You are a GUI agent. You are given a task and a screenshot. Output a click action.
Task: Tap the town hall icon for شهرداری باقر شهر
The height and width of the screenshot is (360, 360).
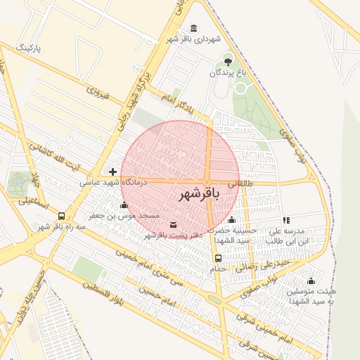tap(193, 28)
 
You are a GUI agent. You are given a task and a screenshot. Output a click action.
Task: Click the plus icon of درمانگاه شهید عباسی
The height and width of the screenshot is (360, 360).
tap(112, 172)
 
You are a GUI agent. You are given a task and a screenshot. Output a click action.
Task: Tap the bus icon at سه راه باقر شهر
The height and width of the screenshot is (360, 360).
tap(62, 217)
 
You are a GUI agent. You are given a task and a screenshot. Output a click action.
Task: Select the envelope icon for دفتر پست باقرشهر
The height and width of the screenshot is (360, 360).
tap(174, 225)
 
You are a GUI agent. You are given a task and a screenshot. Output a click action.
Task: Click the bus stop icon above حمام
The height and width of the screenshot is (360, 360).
tap(217, 258)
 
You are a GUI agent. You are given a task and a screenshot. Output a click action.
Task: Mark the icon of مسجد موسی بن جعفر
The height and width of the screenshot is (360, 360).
tap(124, 205)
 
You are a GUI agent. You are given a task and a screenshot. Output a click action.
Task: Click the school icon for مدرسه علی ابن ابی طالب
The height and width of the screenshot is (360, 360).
tap(285, 221)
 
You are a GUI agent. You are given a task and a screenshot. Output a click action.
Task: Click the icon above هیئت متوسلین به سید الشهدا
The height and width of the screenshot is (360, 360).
tap(311, 281)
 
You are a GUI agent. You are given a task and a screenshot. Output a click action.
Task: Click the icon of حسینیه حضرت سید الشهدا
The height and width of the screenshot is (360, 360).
tap(231, 220)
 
